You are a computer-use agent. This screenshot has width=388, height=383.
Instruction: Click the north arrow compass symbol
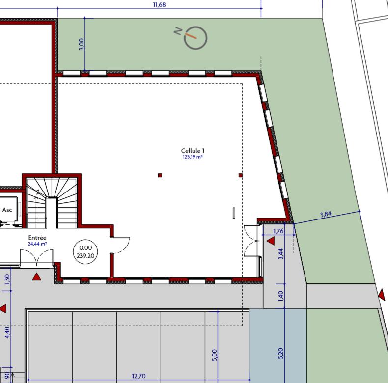tap(195, 38)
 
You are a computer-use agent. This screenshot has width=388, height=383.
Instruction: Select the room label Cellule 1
tap(193, 151)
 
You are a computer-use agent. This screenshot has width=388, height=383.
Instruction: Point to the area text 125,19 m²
tap(193, 158)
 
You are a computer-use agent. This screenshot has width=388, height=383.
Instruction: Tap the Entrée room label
tap(37, 238)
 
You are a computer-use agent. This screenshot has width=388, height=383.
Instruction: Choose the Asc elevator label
tap(7, 210)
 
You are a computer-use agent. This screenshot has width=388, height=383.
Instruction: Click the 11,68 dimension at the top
tap(160, 5)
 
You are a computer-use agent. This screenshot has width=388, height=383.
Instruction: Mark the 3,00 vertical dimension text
tap(82, 44)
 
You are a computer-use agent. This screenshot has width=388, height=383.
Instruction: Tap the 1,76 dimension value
tap(278, 231)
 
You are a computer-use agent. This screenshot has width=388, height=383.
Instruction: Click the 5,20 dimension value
tap(281, 352)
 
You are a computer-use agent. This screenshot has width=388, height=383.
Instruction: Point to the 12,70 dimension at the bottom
tap(139, 376)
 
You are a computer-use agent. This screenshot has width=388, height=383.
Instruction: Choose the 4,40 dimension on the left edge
tap(7, 331)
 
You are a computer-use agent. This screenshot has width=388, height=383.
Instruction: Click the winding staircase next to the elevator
tap(51, 202)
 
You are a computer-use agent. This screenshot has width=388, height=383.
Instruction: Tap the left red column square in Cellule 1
tap(160, 175)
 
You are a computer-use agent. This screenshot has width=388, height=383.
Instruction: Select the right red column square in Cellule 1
tap(241, 175)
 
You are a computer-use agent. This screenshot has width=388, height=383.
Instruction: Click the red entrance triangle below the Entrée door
tap(37, 277)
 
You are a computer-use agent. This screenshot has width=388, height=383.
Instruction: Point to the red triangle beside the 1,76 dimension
tap(270, 241)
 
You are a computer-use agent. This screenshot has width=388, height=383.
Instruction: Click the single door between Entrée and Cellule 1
tap(120, 245)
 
